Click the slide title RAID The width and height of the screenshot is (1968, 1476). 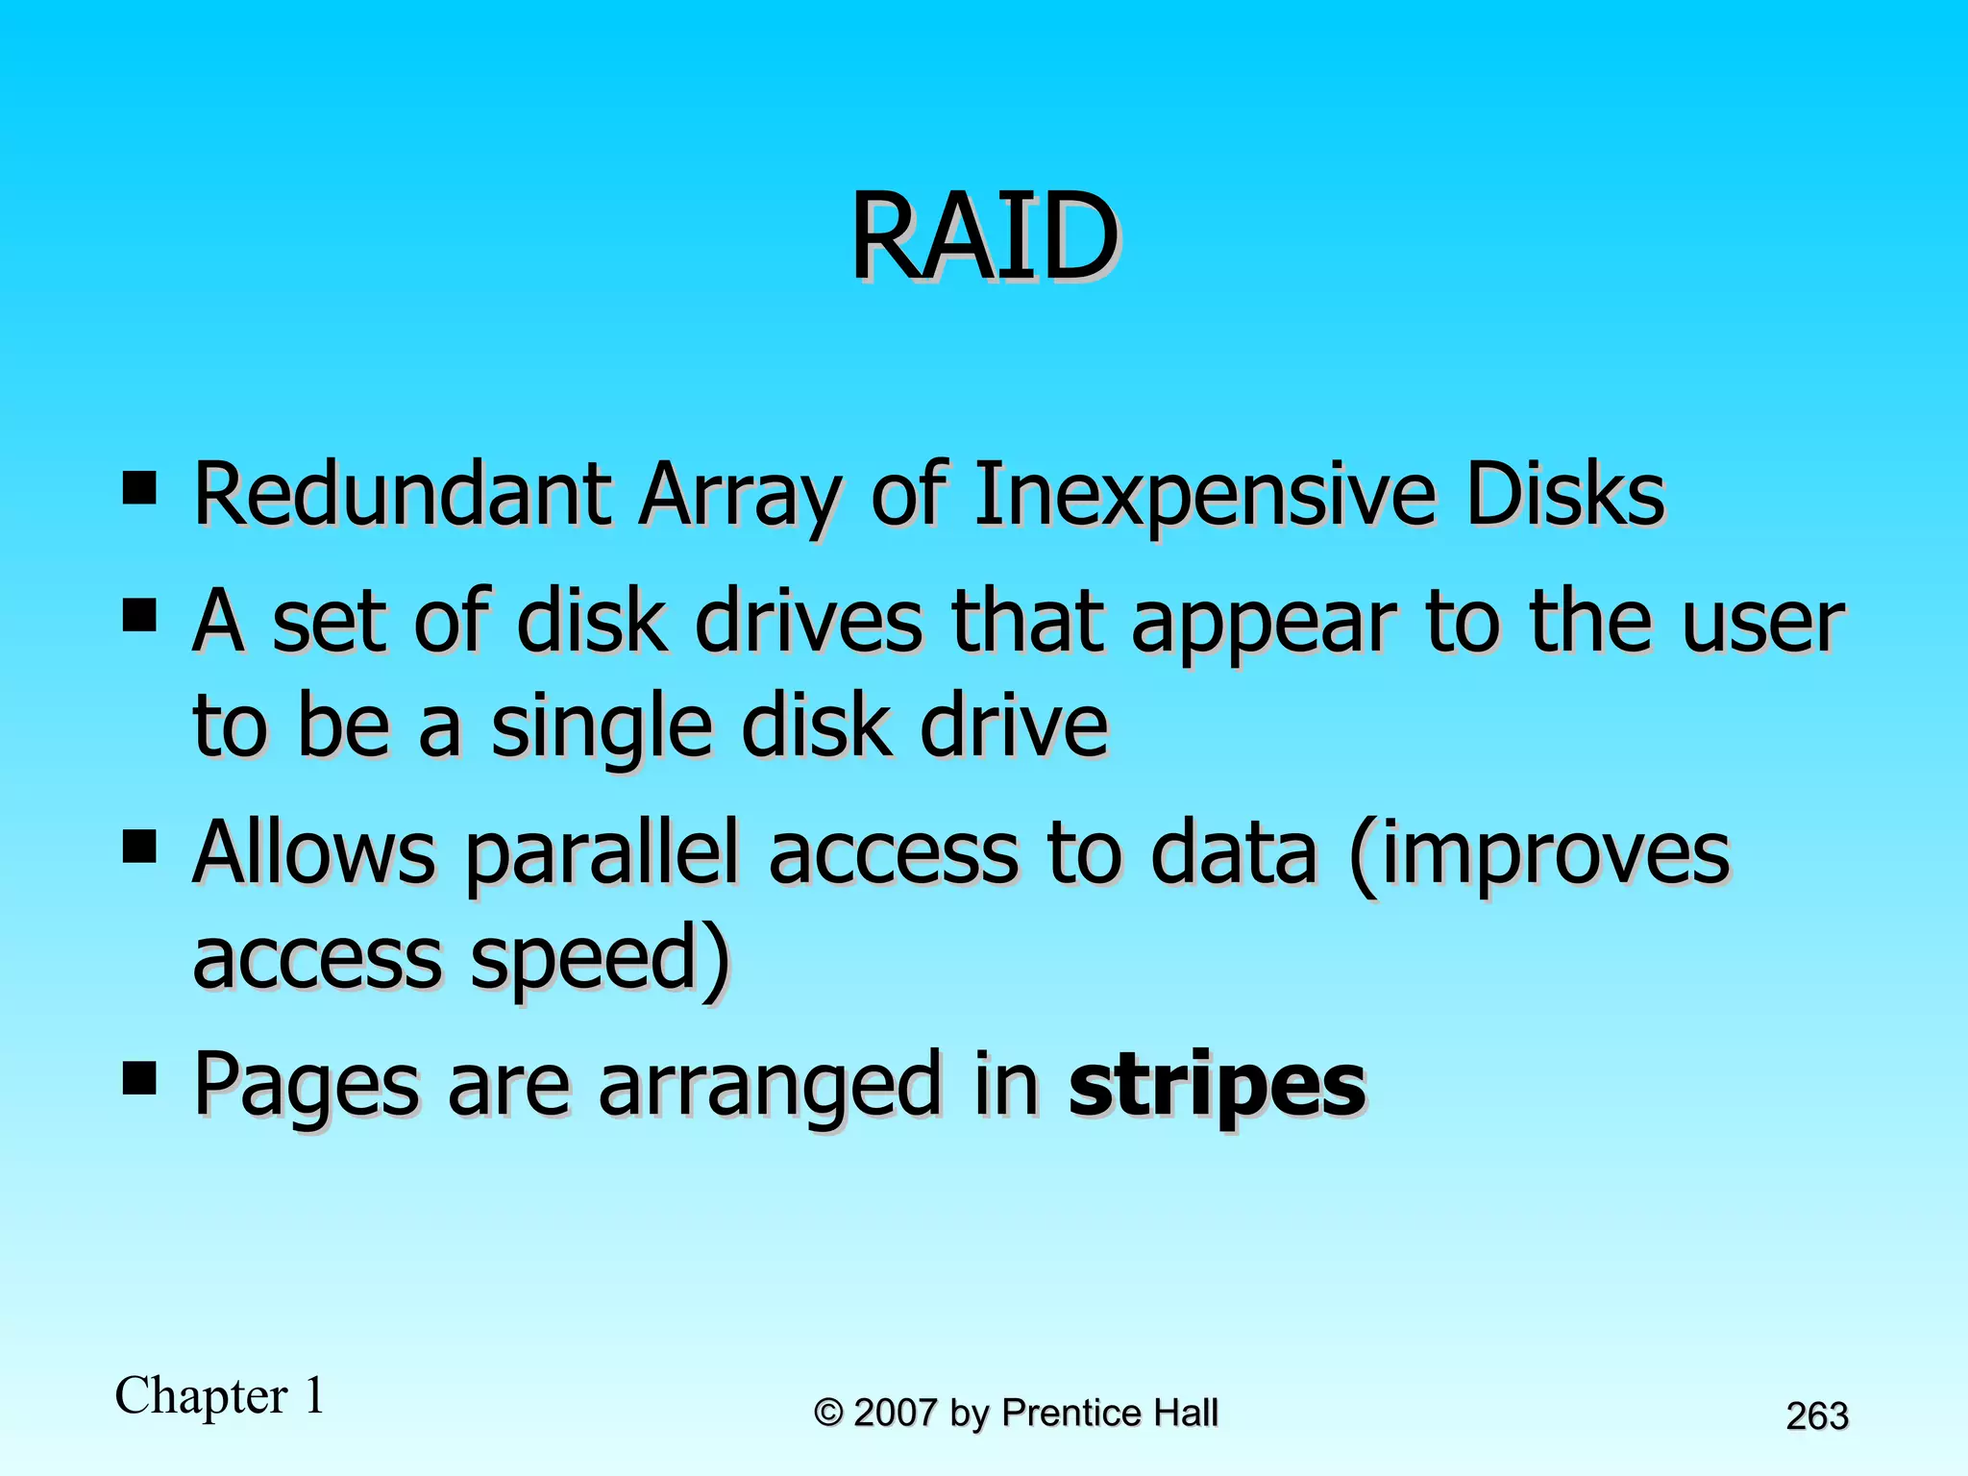pyautogui.click(x=984, y=236)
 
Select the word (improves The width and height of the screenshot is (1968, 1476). pyautogui.click(x=1538, y=854)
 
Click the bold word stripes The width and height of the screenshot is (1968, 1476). pyautogui.click(x=1217, y=1086)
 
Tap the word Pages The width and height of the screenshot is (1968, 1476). pyautogui.click(x=307, y=1086)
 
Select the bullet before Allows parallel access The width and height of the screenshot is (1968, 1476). pyautogui.click(x=140, y=848)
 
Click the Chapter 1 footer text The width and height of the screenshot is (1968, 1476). pyautogui.click(x=220, y=1395)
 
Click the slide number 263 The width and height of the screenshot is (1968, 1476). pyautogui.click(x=1816, y=1416)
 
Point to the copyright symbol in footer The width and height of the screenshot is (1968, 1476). pyautogui.click(x=828, y=1414)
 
